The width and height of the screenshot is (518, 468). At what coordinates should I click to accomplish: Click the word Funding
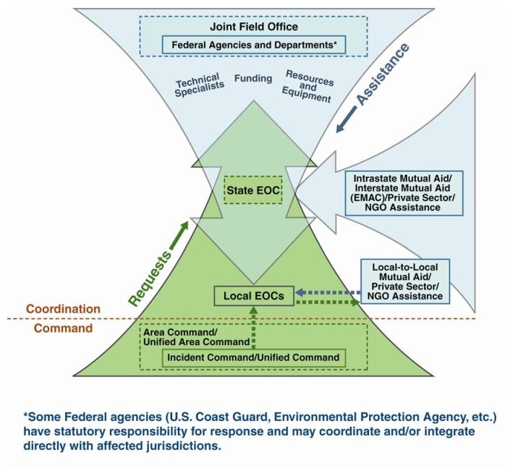point(253,78)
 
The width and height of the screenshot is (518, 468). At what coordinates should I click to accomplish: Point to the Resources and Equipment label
point(307,86)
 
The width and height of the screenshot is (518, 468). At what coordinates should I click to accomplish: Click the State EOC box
point(252,190)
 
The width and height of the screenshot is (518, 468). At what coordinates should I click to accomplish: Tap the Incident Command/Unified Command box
point(253,357)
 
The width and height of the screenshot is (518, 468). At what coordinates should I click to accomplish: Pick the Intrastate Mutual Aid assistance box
point(404,192)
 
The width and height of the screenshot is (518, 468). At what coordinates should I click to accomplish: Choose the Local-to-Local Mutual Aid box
point(405,280)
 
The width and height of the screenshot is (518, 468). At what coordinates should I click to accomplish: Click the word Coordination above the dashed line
point(63,309)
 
